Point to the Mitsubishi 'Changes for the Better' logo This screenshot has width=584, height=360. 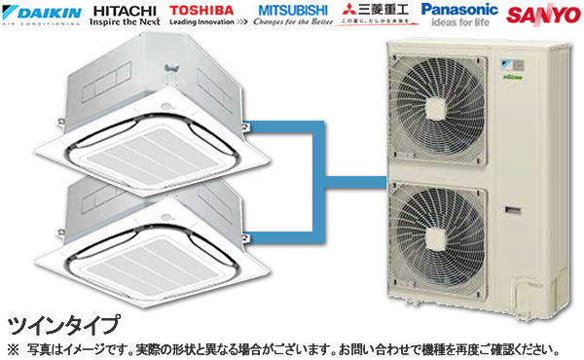click(293, 15)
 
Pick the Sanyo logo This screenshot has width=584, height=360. click(541, 15)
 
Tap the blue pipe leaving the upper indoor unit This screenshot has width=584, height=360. click(277, 124)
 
